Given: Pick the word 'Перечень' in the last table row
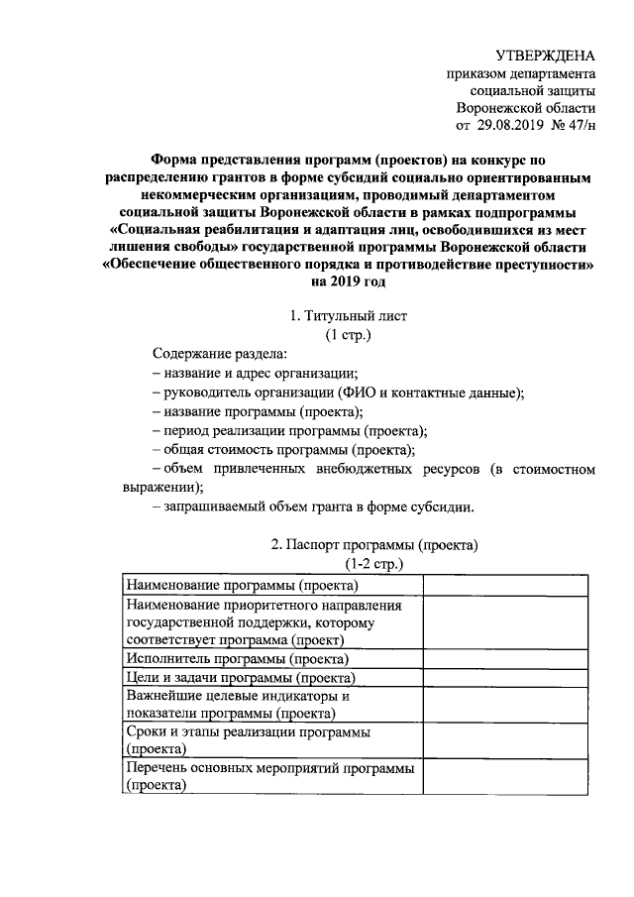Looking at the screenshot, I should (157, 768).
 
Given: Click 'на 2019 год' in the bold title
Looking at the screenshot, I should (348, 280).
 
